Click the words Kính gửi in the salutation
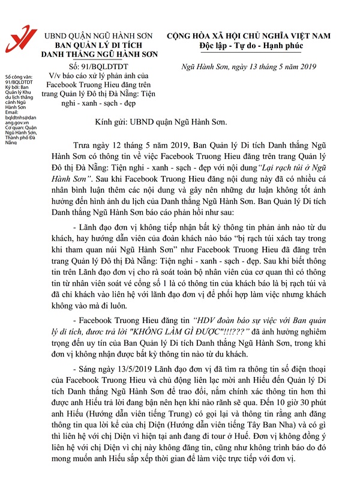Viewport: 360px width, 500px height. [112, 122]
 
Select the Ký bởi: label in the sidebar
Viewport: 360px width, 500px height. [12, 86]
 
